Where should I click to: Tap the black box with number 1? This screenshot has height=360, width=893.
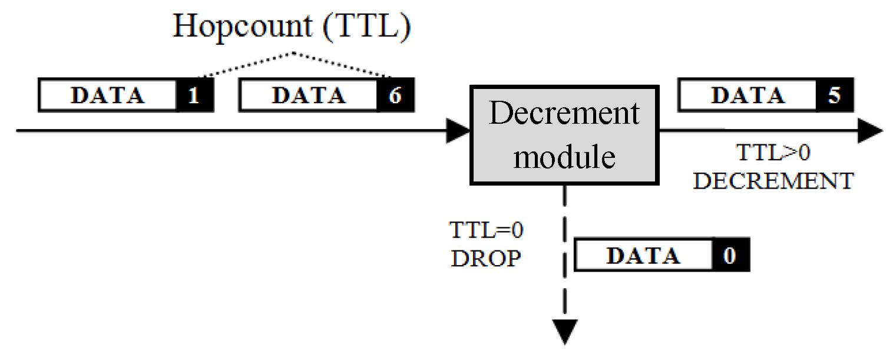(194, 95)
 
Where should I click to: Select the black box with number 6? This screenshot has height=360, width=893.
(395, 95)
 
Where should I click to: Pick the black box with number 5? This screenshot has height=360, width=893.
(834, 95)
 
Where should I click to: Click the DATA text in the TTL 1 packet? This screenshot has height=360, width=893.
(108, 95)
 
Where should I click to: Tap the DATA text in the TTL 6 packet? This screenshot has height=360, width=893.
(308, 95)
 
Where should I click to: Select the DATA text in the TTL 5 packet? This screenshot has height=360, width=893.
(748, 95)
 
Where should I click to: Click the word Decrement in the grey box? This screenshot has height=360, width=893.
(564, 114)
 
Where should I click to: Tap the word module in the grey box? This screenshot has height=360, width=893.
(564, 156)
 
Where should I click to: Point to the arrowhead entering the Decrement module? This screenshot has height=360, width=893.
(458, 131)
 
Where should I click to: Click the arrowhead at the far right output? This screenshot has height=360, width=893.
(871, 131)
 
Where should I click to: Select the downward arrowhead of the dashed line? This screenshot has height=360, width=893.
(565, 331)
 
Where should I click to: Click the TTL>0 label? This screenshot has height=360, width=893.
(773, 154)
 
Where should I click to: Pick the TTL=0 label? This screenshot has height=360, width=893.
(487, 230)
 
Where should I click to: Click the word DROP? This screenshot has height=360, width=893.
(487, 258)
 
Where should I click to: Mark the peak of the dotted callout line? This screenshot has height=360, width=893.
(294, 54)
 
